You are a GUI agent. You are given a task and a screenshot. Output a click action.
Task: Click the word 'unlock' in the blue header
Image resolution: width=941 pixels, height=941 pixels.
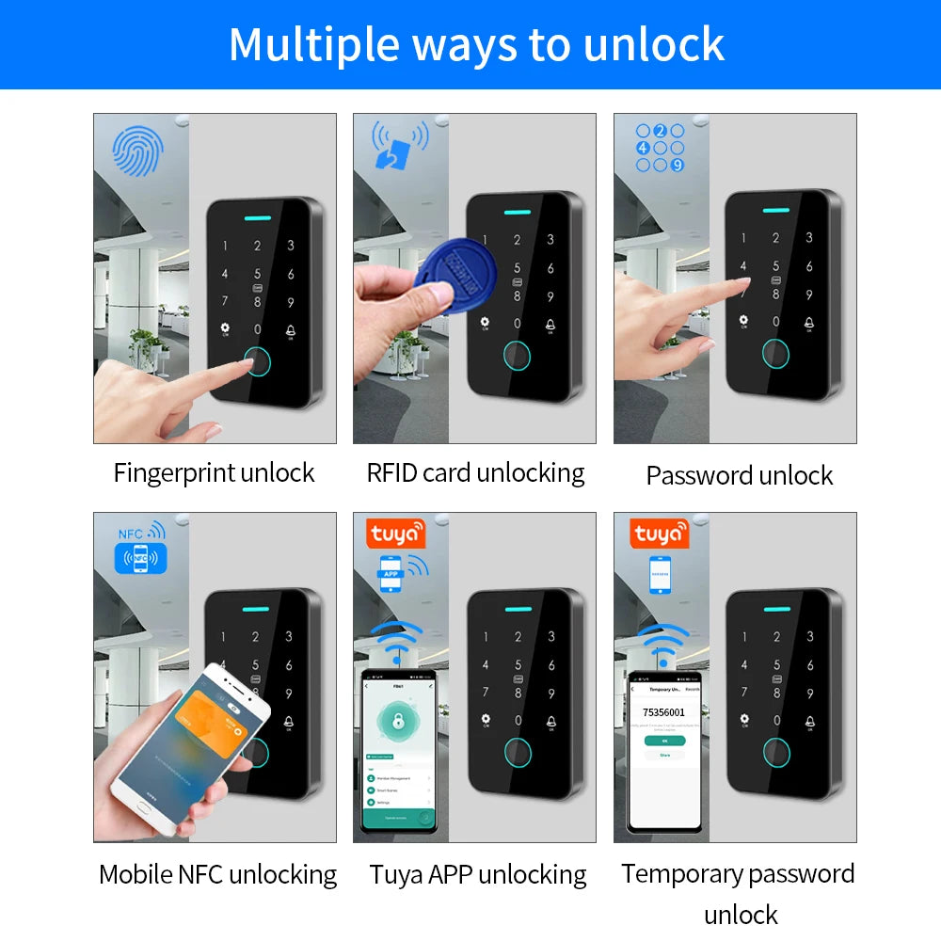tap(651, 43)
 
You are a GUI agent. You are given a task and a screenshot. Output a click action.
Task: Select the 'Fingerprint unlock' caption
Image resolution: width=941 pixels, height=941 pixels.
tap(214, 472)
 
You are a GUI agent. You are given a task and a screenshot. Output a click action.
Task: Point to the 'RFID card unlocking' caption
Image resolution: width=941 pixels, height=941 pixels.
tap(475, 472)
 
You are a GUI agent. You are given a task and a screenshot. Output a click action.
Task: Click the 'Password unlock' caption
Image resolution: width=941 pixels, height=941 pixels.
tap(739, 475)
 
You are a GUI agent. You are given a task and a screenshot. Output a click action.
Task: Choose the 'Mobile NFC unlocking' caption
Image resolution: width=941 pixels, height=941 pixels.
tap(217, 874)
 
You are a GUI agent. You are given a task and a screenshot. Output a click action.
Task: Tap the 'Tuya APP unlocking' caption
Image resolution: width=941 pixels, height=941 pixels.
tap(478, 874)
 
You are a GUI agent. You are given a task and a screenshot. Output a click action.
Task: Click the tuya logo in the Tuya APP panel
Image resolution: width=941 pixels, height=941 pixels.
tap(396, 534)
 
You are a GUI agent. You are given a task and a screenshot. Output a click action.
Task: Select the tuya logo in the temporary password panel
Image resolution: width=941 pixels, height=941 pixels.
tap(658, 534)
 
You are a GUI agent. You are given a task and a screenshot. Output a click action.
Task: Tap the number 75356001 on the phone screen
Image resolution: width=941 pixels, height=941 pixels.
tap(663, 712)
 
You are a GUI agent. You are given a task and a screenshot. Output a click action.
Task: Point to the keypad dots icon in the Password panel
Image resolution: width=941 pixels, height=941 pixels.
tap(659, 148)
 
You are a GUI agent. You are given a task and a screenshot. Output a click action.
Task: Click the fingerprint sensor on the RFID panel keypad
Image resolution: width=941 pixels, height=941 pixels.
tap(517, 356)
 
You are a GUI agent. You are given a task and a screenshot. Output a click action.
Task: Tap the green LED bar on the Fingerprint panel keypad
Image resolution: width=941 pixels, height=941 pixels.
tap(257, 215)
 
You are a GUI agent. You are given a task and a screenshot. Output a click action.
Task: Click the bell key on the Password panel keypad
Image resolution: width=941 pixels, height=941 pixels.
tap(808, 325)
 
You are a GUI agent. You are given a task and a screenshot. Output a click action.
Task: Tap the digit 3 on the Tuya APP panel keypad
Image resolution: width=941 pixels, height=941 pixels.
tap(550, 637)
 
